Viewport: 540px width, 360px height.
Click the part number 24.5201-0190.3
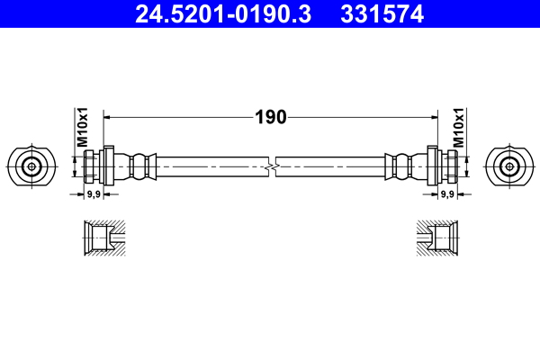tap(221, 13)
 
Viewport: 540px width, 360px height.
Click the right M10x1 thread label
tap(458, 128)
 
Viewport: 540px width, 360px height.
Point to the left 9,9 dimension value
tap(93, 193)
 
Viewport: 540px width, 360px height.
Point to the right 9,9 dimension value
tap(446, 193)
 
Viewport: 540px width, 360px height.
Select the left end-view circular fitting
tap(31, 166)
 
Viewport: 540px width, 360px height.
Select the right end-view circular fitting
tap(509, 166)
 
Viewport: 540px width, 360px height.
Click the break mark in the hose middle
tap(271, 166)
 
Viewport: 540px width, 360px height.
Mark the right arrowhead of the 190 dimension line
tap(431, 116)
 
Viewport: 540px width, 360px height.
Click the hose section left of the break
tap(207, 166)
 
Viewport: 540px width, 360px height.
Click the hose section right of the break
tap(333, 166)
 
